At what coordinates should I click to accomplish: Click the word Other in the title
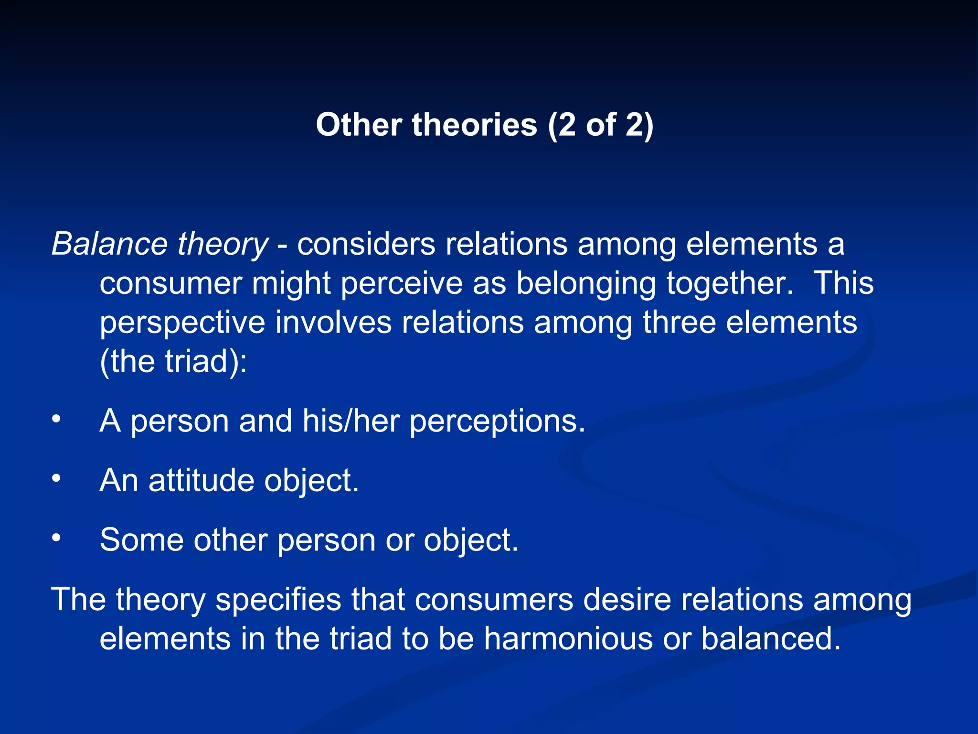point(359,125)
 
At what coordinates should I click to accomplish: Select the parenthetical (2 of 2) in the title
point(600,125)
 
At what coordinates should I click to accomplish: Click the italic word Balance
point(109,244)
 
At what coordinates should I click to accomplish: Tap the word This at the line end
point(844,283)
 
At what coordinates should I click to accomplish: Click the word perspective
point(182,323)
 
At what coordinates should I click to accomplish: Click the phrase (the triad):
point(173,361)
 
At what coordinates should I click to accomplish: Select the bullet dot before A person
point(56,419)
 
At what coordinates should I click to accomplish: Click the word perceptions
point(497,421)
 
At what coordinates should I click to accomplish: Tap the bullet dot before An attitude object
point(56,478)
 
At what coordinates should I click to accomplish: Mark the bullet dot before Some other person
point(56,538)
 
